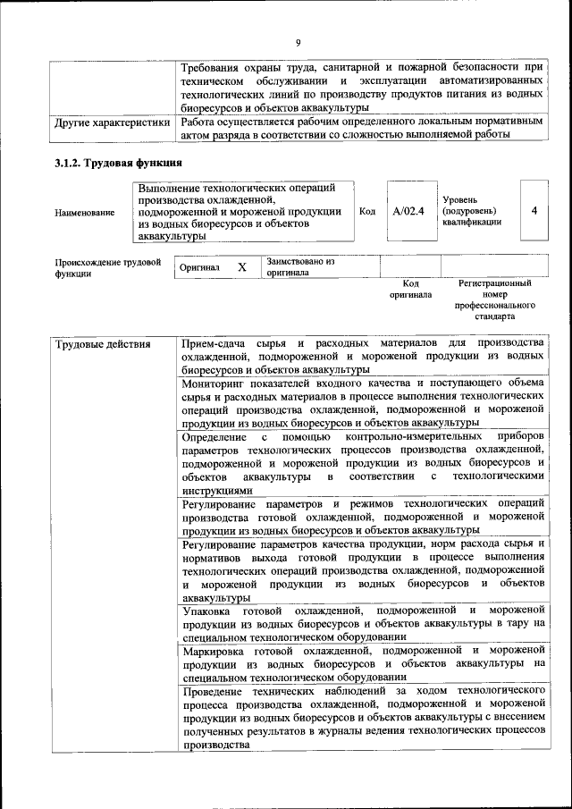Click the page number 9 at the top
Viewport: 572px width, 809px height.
[x=298, y=41]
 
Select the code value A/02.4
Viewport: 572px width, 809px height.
[x=408, y=211]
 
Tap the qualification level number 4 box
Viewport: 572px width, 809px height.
[x=534, y=211]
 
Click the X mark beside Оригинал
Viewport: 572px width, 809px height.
[x=241, y=267]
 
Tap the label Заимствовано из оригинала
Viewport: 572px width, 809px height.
[x=300, y=266]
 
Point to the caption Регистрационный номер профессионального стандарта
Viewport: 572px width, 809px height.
[x=494, y=299]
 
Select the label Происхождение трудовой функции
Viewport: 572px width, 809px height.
[x=107, y=268]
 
